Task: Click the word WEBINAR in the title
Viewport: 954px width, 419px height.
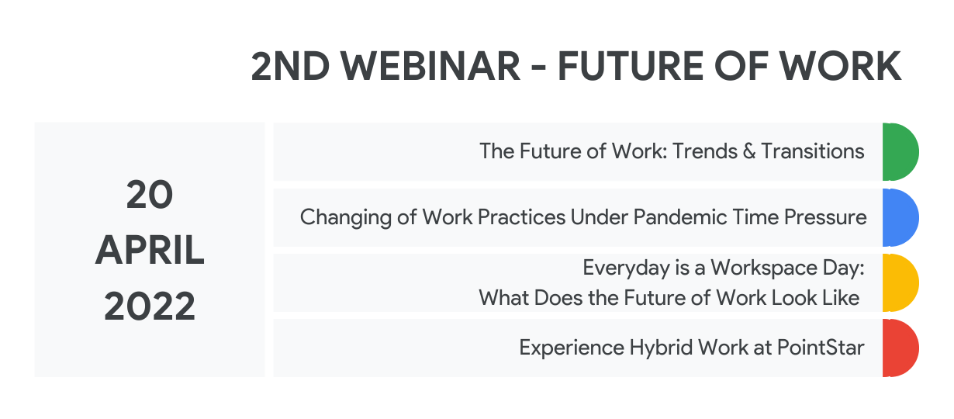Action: (430, 66)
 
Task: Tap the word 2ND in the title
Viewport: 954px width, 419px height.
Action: (290, 66)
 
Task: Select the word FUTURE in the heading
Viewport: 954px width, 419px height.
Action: (631, 66)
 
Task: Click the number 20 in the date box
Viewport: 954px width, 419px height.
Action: (150, 195)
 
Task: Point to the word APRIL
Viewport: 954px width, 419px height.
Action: (150, 250)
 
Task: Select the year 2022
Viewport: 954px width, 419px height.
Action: (150, 306)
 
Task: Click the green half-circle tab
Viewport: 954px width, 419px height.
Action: (900, 152)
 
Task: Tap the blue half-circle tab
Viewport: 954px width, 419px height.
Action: (900, 217)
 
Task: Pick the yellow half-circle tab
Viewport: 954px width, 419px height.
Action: (900, 282)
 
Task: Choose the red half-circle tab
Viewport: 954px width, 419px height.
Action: (900, 348)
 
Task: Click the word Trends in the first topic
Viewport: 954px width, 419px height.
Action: (705, 151)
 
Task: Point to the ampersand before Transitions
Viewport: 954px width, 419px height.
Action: (749, 152)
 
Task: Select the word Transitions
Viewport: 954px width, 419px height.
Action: (813, 151)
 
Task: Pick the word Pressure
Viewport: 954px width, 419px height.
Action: (825, 217)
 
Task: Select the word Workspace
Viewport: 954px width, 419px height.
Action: (764, 268)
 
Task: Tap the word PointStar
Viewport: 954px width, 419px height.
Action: (821, 348)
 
